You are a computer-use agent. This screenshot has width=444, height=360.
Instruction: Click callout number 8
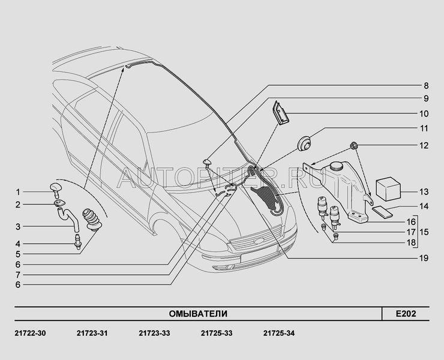coord(426,86)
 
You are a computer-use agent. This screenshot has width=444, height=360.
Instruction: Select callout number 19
coord(424,258)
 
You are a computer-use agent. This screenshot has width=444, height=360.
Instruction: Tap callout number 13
coord(424,192)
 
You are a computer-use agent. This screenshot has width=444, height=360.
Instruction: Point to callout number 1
coord(18,192)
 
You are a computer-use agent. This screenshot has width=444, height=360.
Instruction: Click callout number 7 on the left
coord(18,275)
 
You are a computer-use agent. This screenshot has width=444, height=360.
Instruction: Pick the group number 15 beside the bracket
coord(424,232)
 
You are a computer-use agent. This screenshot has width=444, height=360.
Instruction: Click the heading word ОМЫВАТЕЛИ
coord(198,314)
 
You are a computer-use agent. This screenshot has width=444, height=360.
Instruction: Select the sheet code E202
coord(406,314)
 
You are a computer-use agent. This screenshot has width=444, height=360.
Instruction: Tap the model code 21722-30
coord(30,334)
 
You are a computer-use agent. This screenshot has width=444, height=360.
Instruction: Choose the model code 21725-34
coord(279,334)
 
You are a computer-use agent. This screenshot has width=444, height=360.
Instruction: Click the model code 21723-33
coord(154,334)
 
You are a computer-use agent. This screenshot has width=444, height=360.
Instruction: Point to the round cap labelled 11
coord(304,143)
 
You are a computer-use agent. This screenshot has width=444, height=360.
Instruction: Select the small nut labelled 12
coord(354,146)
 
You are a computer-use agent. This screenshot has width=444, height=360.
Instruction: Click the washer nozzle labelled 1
coord(56,190)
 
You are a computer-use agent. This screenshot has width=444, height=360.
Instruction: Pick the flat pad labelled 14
coord(382,212)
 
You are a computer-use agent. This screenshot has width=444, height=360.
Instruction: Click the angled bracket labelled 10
coord(280,113)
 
